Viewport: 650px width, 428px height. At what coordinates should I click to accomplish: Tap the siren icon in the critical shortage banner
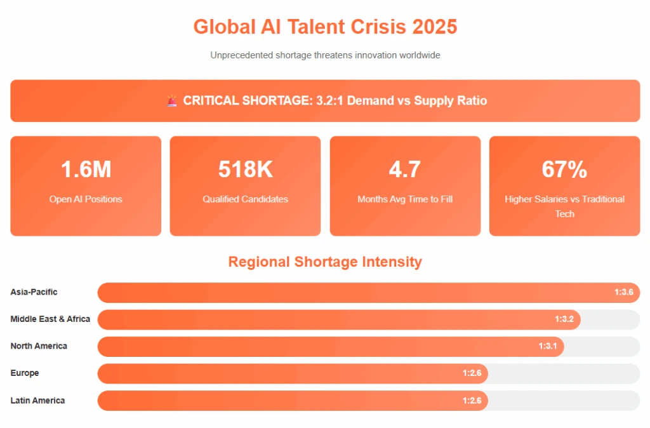click(x=172, y=100)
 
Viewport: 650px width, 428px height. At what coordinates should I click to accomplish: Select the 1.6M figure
click(x=86, y=170)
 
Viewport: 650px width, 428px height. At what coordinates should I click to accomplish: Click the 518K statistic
click(x=245, y=170)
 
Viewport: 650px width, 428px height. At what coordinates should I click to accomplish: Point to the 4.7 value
click(x=405, y=170)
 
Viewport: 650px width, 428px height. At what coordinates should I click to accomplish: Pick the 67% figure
click(x=564, y=170)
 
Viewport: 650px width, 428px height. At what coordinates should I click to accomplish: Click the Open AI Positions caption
click(x=86, y=199)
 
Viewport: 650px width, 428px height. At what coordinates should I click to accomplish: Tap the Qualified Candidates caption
click(x=245, y=199)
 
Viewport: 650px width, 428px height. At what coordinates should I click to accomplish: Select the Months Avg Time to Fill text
click(x=405, y=199)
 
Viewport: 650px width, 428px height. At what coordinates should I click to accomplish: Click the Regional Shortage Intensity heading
click(x=325, y=262)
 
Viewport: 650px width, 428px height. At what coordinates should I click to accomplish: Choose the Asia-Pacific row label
click(x=34, y=292)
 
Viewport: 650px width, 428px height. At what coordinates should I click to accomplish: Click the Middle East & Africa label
click(x=50, y=319)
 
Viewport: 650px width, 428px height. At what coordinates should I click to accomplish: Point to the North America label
click(x=39, y=346)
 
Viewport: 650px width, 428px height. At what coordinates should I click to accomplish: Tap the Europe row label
click(x=25, y=373)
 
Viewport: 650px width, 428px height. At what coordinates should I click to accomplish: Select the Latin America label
click(x=37, y=400)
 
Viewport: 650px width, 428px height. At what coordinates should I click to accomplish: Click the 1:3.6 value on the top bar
click(x=623, y=292)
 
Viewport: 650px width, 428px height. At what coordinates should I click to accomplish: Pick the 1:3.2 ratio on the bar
click(x=564, y=319)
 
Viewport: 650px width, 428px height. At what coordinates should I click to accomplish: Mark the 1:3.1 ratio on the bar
click(x=548, y=346)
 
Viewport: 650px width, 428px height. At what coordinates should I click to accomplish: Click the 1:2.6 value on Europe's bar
click(x=472, y=373)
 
